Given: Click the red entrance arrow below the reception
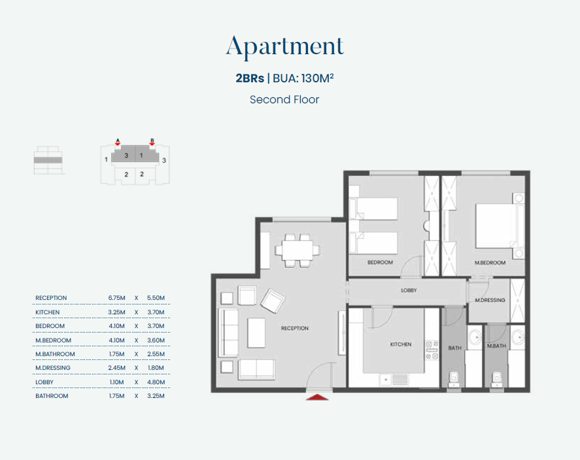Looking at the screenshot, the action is [x=317, y=397].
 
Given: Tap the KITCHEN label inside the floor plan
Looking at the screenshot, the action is [x=401, y=344].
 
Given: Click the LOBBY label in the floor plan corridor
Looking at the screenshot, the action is [x=409, y=290].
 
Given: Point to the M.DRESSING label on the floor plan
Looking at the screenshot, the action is [x=490, y=300].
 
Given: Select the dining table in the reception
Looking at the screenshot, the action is [x=298, y=250].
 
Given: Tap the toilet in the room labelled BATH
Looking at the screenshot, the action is [x=454, y=380].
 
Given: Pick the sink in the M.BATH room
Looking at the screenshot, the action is [x=519, y=337].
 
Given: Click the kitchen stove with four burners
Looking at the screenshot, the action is [x=432, y=350].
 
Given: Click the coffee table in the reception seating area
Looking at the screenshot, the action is [x=256, y=333].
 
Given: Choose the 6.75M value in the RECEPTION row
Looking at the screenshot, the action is [x=116, y=298].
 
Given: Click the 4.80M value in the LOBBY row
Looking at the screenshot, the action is [x=156, y=382].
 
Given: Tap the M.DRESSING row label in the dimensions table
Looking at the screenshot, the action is [x=53, y=368].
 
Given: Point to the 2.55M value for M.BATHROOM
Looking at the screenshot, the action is [x=156, y=354].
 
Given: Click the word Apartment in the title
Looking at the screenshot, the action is [x=285, y=46].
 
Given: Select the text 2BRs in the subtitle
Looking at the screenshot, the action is [x=250, y=78].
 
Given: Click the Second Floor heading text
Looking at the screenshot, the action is [x=284, y=99].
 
